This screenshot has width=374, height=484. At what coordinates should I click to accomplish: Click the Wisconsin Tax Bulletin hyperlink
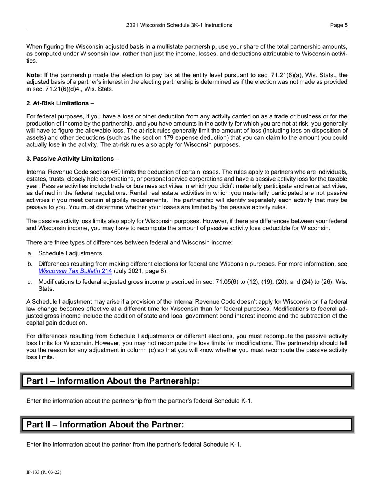pos(75,271)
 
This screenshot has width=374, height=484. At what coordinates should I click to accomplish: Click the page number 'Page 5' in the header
pos(339,25)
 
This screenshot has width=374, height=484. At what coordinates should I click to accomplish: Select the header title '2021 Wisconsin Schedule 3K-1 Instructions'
pos(179,25)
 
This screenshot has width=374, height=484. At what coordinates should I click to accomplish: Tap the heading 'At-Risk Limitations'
pos(61,103)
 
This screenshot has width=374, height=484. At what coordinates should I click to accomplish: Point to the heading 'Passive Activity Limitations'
pos(73,159)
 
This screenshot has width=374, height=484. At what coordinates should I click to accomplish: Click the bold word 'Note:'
pos(34,75)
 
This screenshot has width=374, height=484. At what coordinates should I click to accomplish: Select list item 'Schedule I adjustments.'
pos(71,253)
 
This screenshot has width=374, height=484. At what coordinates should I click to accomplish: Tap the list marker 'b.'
pos(30,264)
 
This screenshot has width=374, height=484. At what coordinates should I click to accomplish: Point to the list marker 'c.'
pos(30,282)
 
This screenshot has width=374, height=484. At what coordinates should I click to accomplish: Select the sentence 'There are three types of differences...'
pos(129,242)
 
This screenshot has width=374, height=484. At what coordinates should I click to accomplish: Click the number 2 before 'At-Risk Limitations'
pos(28,103)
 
